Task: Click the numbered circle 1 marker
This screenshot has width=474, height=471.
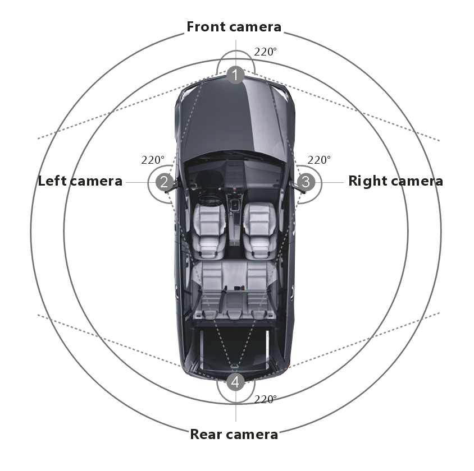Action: point(235,75)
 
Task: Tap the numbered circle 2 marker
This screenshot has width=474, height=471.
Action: point(165,182)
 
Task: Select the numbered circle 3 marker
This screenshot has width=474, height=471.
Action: point(306,182)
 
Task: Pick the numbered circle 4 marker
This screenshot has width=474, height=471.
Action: point(235,382)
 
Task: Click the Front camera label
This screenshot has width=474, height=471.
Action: point(234,27)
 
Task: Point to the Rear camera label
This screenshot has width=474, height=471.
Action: point(234,435)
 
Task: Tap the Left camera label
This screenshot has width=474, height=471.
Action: point(80,181)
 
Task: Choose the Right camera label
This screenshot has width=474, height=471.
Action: point(395,181)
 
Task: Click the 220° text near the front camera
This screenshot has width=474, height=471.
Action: point(265,52)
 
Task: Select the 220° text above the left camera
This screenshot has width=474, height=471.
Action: point(153,160)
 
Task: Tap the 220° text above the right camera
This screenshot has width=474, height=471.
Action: point(319,160)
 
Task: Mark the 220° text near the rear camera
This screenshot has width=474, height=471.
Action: point(265,399)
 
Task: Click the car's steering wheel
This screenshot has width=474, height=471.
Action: point(208,197)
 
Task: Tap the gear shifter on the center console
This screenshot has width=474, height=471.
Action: point(235,206)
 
